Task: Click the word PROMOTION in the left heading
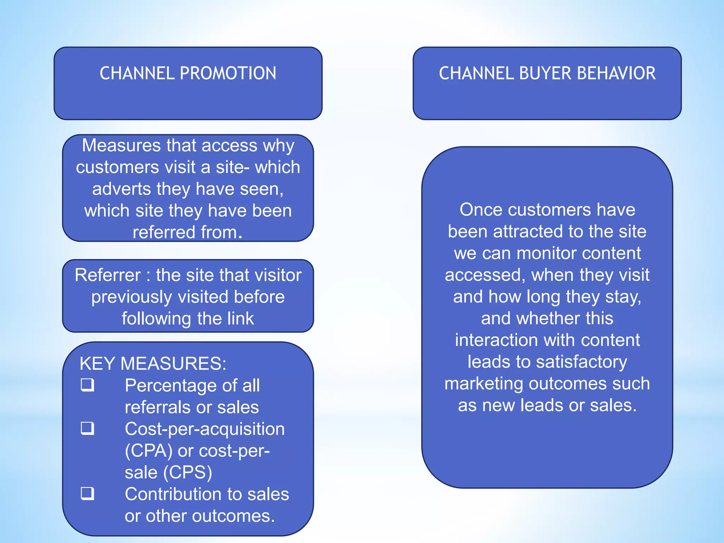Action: coord(228,74)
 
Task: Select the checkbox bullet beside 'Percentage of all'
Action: coord(87,385)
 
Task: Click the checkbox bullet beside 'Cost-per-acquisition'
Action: coord(87,428)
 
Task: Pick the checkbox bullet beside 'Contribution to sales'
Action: coord(87,493)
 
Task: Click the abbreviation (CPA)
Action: coord(149,451)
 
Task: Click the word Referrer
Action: coord(108,275)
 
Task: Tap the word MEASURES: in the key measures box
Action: coord(173,363)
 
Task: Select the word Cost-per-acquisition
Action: coord(205,429)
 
